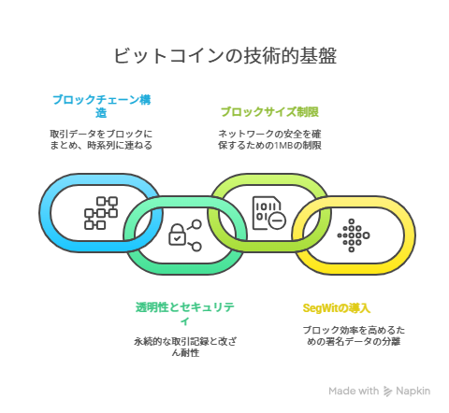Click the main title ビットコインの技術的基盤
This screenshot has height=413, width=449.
click(224, 56)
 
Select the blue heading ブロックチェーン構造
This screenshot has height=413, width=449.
click(102, 107)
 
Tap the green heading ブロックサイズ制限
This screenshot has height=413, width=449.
click(269, 111)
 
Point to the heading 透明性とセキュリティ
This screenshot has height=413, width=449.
click(185, 313)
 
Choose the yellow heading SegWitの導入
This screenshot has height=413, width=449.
click(337, 308)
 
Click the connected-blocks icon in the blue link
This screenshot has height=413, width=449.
click(101, 213)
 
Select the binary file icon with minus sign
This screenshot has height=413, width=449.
click(268, 213)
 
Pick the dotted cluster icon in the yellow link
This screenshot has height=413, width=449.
click(354, 235)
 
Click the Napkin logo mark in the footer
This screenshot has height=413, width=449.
click(387, 392)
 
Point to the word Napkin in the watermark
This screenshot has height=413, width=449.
click(413, 391)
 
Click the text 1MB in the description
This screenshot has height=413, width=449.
click(283, 146)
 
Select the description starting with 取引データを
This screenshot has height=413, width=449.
click(101, 139)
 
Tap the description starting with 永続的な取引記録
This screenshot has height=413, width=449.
click(185, 347)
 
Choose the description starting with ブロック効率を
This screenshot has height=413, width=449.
click(354, 335)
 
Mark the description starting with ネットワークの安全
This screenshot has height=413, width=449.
click(269, 139)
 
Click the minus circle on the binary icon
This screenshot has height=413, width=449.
click(277, 221)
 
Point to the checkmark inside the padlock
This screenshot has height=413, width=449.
click(177, 239)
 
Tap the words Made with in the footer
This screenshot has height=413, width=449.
click(354, 391)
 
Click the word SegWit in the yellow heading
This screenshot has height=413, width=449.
click(320, 308)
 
